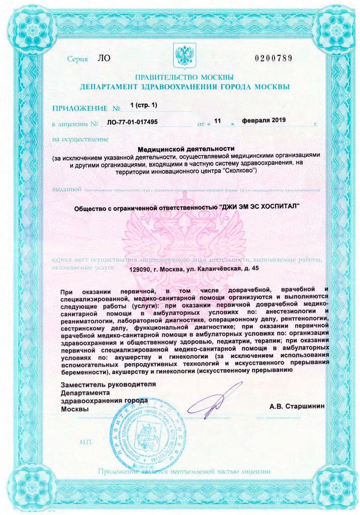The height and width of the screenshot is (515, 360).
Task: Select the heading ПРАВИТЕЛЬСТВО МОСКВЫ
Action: (184, 77)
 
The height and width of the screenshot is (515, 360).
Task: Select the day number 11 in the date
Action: (218, 121)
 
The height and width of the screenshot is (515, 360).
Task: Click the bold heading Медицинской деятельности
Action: (186, 149)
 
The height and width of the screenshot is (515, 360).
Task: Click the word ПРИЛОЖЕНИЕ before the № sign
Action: (79, 108)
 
